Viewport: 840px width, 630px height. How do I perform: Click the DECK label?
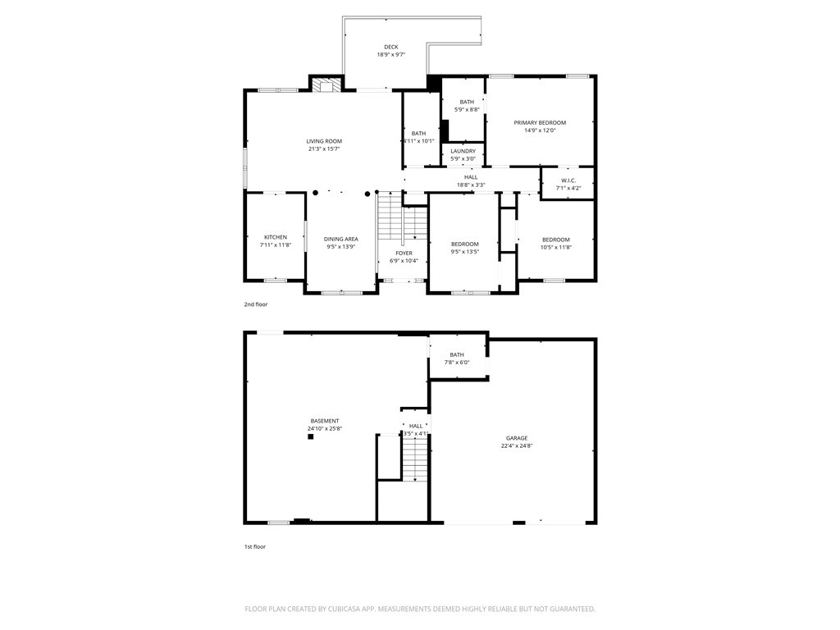pyautogui.click(x=390, y=47)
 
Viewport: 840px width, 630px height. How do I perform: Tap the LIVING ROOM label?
pyautogui.click(x=324, y=141)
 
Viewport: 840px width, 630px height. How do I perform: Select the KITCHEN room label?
pyautogui.click(x=275, y=237)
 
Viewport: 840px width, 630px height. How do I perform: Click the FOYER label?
pyautogui.click(x=404, y=253)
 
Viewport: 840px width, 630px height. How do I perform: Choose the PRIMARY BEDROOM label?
pyautogui.click(x=540, y=122)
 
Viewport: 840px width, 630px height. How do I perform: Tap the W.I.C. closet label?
pyautogui.click(x=568, y=180)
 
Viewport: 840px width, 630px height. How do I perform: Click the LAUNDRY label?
pyautogui.click(x=463, y=151)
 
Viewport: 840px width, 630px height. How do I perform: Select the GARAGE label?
pyautogui.click(x=516, y=438)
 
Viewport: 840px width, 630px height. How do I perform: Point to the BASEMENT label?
pyautogui.click(x=324, y=421)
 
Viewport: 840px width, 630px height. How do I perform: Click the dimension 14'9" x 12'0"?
pyautogui.click(x=540, y=130)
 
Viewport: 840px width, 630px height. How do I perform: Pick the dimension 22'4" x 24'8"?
pyautogui.click(x=516, y=446)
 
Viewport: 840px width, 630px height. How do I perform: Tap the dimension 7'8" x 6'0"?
pyautogui.click(x=457, y=363)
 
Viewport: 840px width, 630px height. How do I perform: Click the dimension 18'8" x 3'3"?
pyautogui.click(x=471, y=185)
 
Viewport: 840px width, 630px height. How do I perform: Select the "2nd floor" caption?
pyautogui.click(x=255, y=304)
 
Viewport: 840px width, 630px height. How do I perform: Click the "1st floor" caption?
pyautogui.click(x=255, y=546)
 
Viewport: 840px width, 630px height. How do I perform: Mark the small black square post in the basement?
pyautogui.click(x=311, y=437)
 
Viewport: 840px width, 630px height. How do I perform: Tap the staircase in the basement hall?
pyautogui.click(x=416, y=459)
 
